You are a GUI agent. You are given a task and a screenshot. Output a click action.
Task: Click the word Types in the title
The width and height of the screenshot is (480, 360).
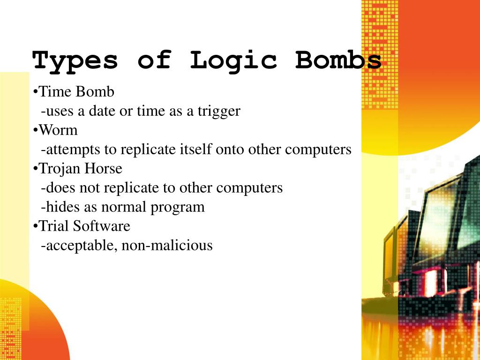[x=75, y=61]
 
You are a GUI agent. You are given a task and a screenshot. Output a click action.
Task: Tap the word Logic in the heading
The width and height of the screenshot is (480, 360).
[x=233, y=61]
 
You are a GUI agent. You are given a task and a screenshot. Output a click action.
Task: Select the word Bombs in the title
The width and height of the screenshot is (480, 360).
[x=338, y=61]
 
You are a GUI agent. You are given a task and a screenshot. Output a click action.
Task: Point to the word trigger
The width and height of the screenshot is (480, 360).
[x=218, y=111]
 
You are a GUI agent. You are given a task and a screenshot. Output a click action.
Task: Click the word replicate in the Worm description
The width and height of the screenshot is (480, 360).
[x=149, y=150]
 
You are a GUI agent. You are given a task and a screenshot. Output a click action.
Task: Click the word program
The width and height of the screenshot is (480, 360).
[x=181, y=207]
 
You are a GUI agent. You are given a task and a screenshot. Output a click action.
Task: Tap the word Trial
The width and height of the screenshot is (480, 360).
[x=53, y=226]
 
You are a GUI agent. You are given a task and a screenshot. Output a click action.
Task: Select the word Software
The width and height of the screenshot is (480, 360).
[x=102, y=226]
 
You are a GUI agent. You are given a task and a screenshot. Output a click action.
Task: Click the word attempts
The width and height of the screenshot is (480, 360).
[x=72, y=150]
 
